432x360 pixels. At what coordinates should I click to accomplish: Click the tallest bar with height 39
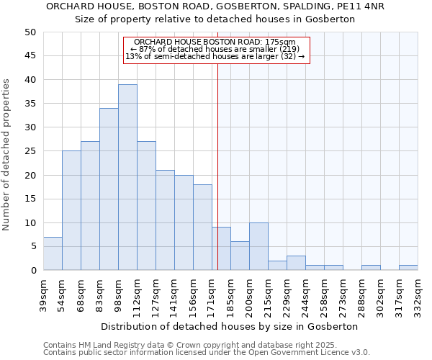[x=127, y=177]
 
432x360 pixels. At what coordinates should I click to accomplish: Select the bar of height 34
[x=109, y=189]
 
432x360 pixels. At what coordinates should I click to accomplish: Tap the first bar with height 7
[x=53, y=253]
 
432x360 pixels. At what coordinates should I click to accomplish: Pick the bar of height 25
[x=71, y=210]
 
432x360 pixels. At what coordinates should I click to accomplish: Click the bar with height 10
[x=258, y=246]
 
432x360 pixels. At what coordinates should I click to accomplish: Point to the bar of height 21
[x=165, y=220]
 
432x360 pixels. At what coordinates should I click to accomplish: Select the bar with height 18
[x=202, y=227]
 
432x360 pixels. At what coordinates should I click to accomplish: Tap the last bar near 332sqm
[x=408, y=268]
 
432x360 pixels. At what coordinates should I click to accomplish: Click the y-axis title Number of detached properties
[x=7, y=155]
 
